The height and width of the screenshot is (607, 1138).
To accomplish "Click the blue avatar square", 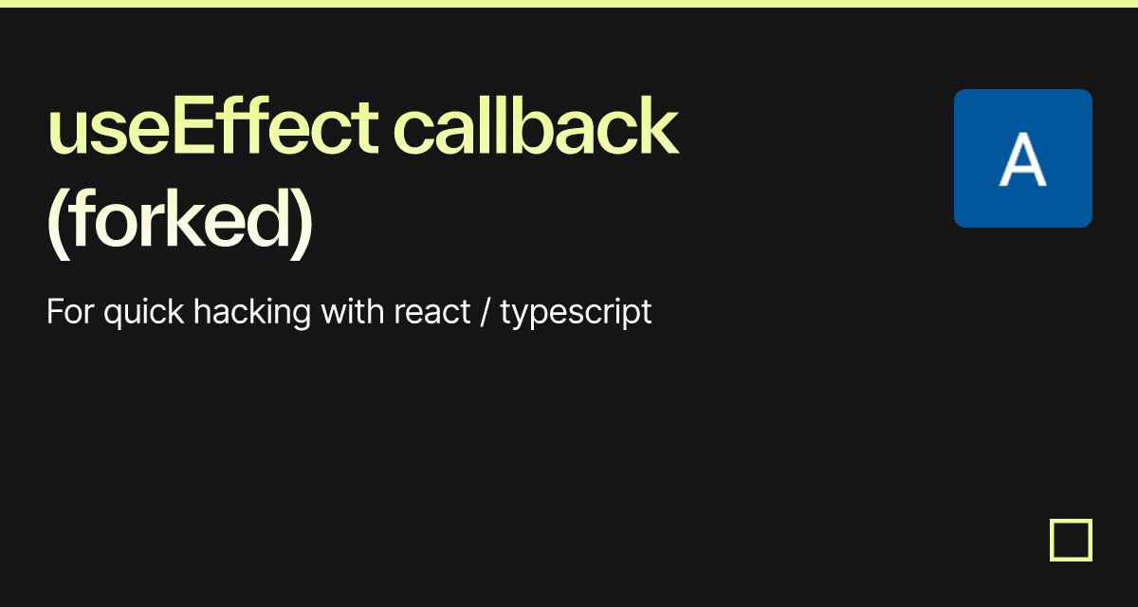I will pyautogui.click(x=1022, y=158).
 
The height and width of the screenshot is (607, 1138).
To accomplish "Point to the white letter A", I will pyautogui.click(x=1022, y=160).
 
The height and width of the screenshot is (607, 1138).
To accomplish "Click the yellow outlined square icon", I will pyautogui.click(x=1071, y=540).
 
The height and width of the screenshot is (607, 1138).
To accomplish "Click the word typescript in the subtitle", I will pyautogui.click(x=576, y=312).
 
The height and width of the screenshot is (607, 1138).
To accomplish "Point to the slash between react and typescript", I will pyautogui.click(x=486, y=312).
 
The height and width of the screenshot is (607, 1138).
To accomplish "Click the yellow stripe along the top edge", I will pyautogui.click(x=569, y=3).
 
